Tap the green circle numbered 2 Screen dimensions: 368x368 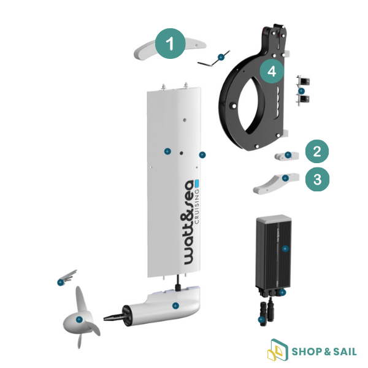316,151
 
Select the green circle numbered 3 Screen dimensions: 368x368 316,179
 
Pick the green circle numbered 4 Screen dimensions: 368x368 272,71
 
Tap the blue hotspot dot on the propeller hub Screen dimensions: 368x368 79,319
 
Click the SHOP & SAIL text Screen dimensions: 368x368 323,352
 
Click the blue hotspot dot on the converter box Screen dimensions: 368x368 285,249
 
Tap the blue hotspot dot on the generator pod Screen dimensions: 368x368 175,305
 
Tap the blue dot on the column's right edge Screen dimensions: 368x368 202,155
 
